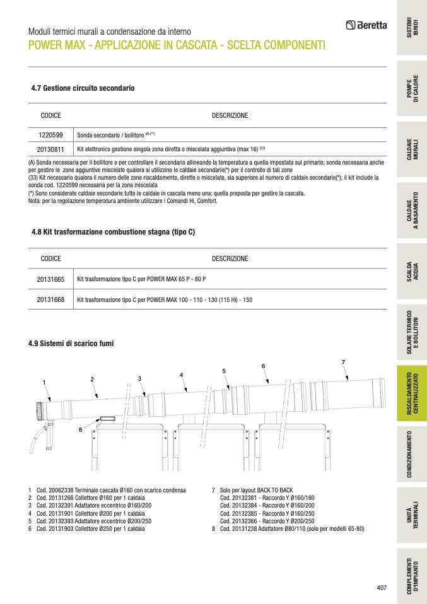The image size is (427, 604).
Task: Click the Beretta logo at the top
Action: [x=366, y=26]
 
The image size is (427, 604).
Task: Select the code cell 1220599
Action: [x=50, y=135]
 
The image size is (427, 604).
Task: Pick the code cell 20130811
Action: [x=50, y=149]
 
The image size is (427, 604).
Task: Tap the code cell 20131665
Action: [x=50, y=279]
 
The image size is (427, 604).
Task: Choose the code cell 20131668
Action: [x=50, y=299]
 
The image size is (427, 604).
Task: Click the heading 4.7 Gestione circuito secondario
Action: [x=83, y=88]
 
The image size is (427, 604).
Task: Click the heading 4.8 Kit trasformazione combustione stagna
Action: [x=113, y=232]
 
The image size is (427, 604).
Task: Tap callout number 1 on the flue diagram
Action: [x=44, y=382]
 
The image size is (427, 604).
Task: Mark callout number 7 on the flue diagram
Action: [x=343, y=362]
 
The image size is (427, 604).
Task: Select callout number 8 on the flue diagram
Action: [x=81, y=429]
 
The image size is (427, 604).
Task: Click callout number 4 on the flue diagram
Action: [x=181, y=375]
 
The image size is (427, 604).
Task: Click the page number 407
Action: [x=381, y=588]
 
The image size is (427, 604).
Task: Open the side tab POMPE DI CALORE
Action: [x=411, y=91]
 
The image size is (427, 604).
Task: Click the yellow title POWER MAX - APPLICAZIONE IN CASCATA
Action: [x=177, y=45]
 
